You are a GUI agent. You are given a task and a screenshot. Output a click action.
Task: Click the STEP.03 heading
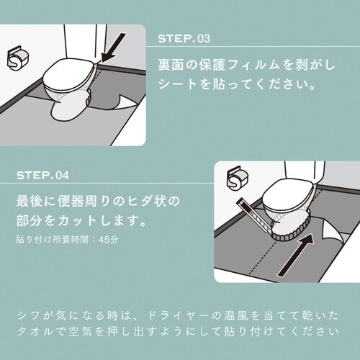click(184, 39)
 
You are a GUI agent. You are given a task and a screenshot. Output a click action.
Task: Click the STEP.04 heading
click(42, 175)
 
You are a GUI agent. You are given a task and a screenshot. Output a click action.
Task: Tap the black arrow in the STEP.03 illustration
click(114, 48)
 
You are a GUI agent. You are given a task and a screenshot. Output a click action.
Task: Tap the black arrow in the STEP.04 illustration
click(296, 255)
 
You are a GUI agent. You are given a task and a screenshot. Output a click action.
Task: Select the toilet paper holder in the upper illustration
click(18, 58)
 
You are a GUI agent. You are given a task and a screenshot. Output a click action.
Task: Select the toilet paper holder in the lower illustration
click(238, 178)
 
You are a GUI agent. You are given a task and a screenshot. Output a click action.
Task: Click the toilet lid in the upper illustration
click(69, 73)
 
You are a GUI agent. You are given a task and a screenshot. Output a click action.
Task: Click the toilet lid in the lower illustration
click(288, 197)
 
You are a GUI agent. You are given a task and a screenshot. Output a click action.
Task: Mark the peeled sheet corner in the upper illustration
click(128, 103)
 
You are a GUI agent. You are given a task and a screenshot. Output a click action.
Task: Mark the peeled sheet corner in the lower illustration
click(333, 231)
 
